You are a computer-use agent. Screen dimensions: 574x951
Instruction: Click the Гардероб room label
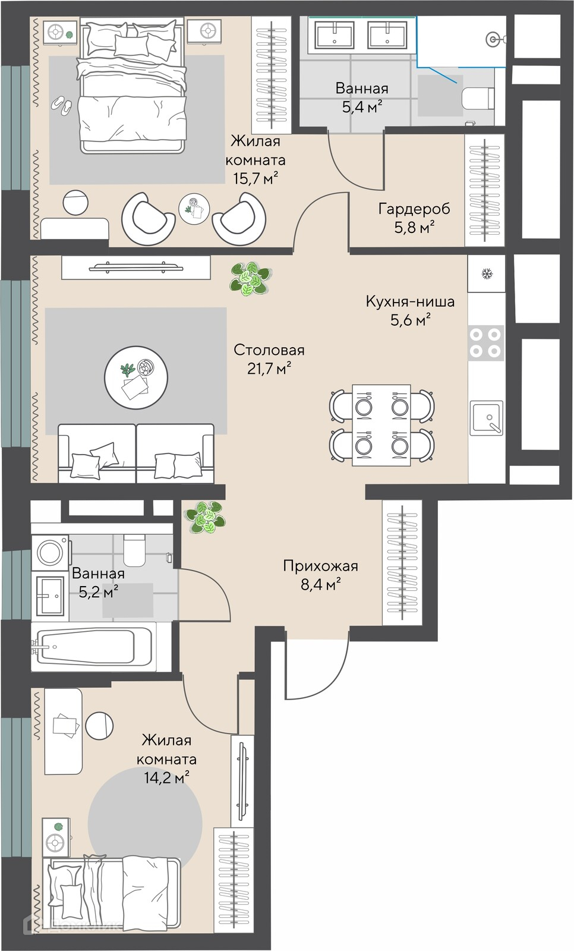414,209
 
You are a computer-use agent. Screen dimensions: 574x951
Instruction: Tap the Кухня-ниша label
410,301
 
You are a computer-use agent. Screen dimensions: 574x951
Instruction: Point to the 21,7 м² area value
269,369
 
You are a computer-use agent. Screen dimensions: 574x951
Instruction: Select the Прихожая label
320,566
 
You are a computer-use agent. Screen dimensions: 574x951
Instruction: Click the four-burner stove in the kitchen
485,343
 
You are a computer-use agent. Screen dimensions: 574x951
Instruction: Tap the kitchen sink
487,418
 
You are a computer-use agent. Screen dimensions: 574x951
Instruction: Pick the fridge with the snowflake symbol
487,273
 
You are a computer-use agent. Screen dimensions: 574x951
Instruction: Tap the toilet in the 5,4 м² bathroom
478,99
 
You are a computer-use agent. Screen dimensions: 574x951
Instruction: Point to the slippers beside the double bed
62,106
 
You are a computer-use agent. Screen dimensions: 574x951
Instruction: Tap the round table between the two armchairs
194,209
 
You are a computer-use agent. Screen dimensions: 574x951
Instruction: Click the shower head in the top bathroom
493,39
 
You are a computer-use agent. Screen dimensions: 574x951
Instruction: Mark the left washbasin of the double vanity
334,35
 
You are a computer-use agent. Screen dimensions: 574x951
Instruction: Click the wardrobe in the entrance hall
402,562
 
